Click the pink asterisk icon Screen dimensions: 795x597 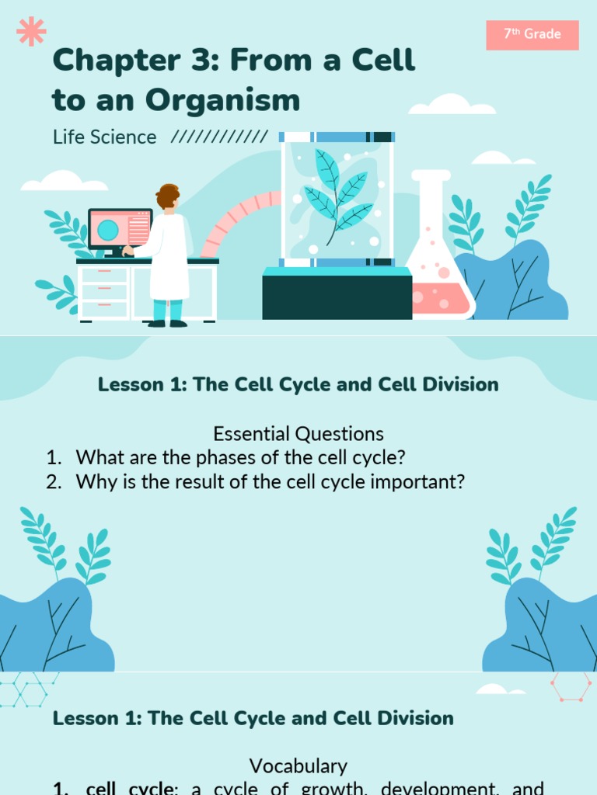click(31, 31)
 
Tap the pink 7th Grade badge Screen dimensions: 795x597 click(532, 35)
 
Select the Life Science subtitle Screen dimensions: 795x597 click(105, 137)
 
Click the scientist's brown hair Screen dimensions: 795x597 click(166, 195)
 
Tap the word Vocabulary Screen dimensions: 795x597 click(298, 766)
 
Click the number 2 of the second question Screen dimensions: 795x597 click(52, 481)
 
